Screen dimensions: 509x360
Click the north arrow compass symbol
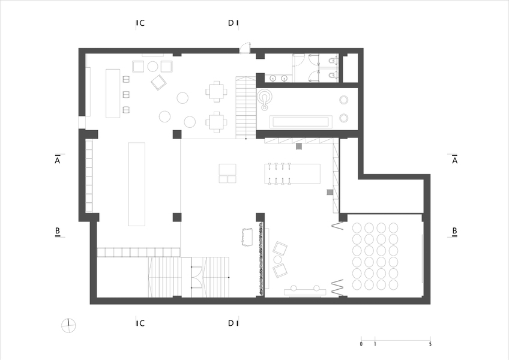(68, 326)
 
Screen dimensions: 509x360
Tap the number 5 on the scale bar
(430, 344)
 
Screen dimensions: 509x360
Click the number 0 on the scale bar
(361, 344)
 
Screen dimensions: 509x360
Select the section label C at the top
(142, 23)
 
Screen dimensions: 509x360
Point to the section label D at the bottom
(231, 323)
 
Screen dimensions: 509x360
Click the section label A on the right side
(454, 160)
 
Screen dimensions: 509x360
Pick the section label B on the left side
(58, 231)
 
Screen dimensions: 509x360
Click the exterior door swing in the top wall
(245, 47)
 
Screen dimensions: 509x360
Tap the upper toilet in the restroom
(333, 61)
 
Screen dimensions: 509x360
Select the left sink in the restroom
(274, 78)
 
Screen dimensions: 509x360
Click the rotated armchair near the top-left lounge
(158, 82)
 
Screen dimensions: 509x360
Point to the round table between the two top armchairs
(152, 66)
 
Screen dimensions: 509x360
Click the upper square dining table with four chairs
(216, 91)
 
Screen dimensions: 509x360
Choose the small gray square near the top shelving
(299, 146)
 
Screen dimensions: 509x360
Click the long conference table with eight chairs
(292, 173)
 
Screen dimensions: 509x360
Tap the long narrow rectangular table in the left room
(136, 184)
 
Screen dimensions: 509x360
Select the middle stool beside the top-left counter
(126, 94)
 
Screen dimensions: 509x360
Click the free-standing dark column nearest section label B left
(177, 217)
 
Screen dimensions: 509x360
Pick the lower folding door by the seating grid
(337, 287)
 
